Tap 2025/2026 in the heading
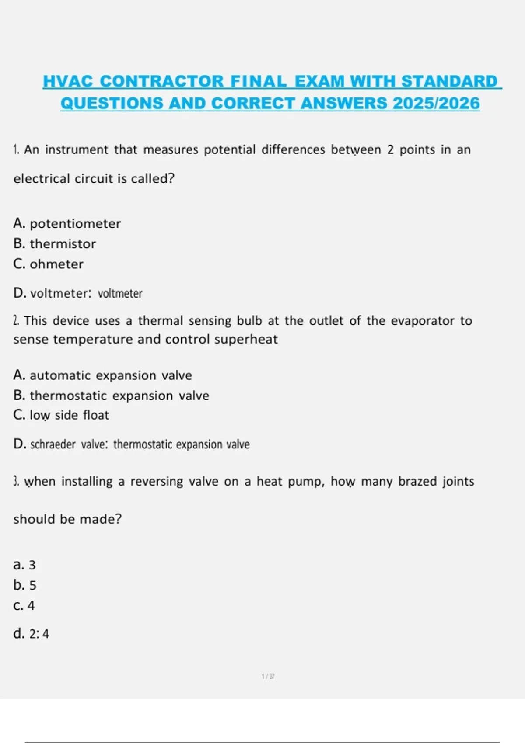pyautogui.click(x=436, y=103)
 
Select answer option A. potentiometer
pyautogui.click(x=67, y=223)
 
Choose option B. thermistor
pyautogui.click(x=54, y=243)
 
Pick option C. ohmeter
pyautogui.click(x=48, y=264)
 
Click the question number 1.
pyautogui.click(x=16, y=149)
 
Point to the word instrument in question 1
pyautogui.click(x=77, y=149)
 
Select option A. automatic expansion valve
pyautogui.click(x=102, y=375)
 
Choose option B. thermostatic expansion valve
pyautogui.click(x=111, y=396)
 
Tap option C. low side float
pyautogui.click(x=61, y=415)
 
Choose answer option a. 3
pyautogui.click(x=24, y=565)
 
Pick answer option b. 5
pyautogui.click(x=25, y=585)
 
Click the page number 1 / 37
pyautogui.click(x=268, y=676)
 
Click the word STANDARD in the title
pyautogui.click(x=449, y=81)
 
